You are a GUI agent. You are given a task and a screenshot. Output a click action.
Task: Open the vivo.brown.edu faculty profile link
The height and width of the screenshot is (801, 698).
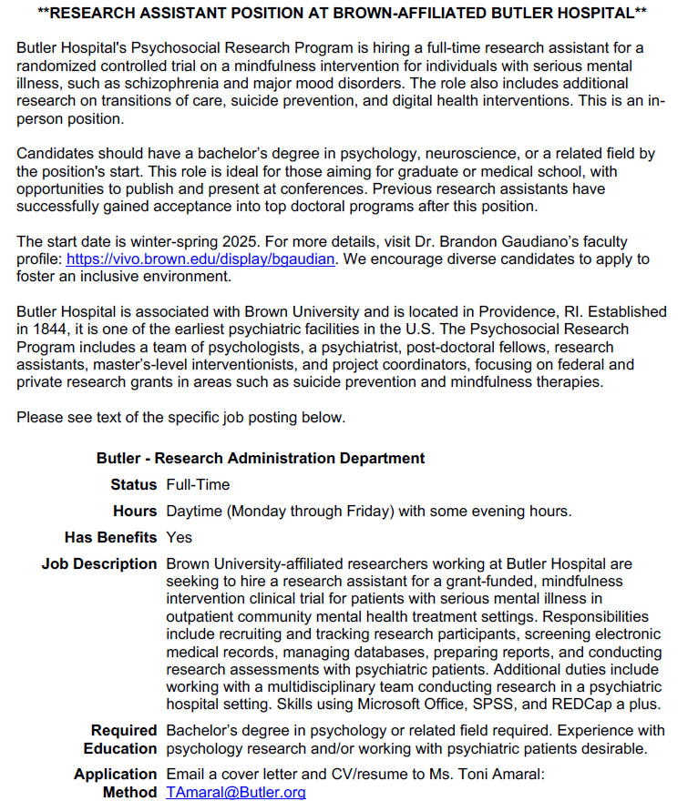201,259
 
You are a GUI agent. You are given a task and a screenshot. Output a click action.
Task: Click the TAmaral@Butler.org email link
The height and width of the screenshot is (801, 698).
236,792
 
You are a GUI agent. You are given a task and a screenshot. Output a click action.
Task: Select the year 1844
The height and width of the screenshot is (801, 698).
51,330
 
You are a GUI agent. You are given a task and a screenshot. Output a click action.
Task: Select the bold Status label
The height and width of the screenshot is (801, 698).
134,485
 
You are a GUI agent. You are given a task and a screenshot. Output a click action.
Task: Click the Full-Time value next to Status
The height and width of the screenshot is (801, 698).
198,485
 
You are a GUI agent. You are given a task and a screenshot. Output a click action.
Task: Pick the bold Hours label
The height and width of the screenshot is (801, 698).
135,512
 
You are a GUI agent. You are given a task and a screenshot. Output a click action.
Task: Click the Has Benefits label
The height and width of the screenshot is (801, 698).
110,538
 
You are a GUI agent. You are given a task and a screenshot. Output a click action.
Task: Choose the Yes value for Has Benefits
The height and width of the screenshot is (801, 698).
180,538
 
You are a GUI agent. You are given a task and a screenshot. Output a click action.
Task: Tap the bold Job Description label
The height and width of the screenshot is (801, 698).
99,564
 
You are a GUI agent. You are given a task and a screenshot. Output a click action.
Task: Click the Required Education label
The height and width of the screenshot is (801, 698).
119,739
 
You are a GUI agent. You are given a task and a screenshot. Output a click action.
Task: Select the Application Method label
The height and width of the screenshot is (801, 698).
116,783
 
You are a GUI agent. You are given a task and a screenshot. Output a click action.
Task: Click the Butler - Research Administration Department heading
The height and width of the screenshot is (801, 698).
261,459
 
